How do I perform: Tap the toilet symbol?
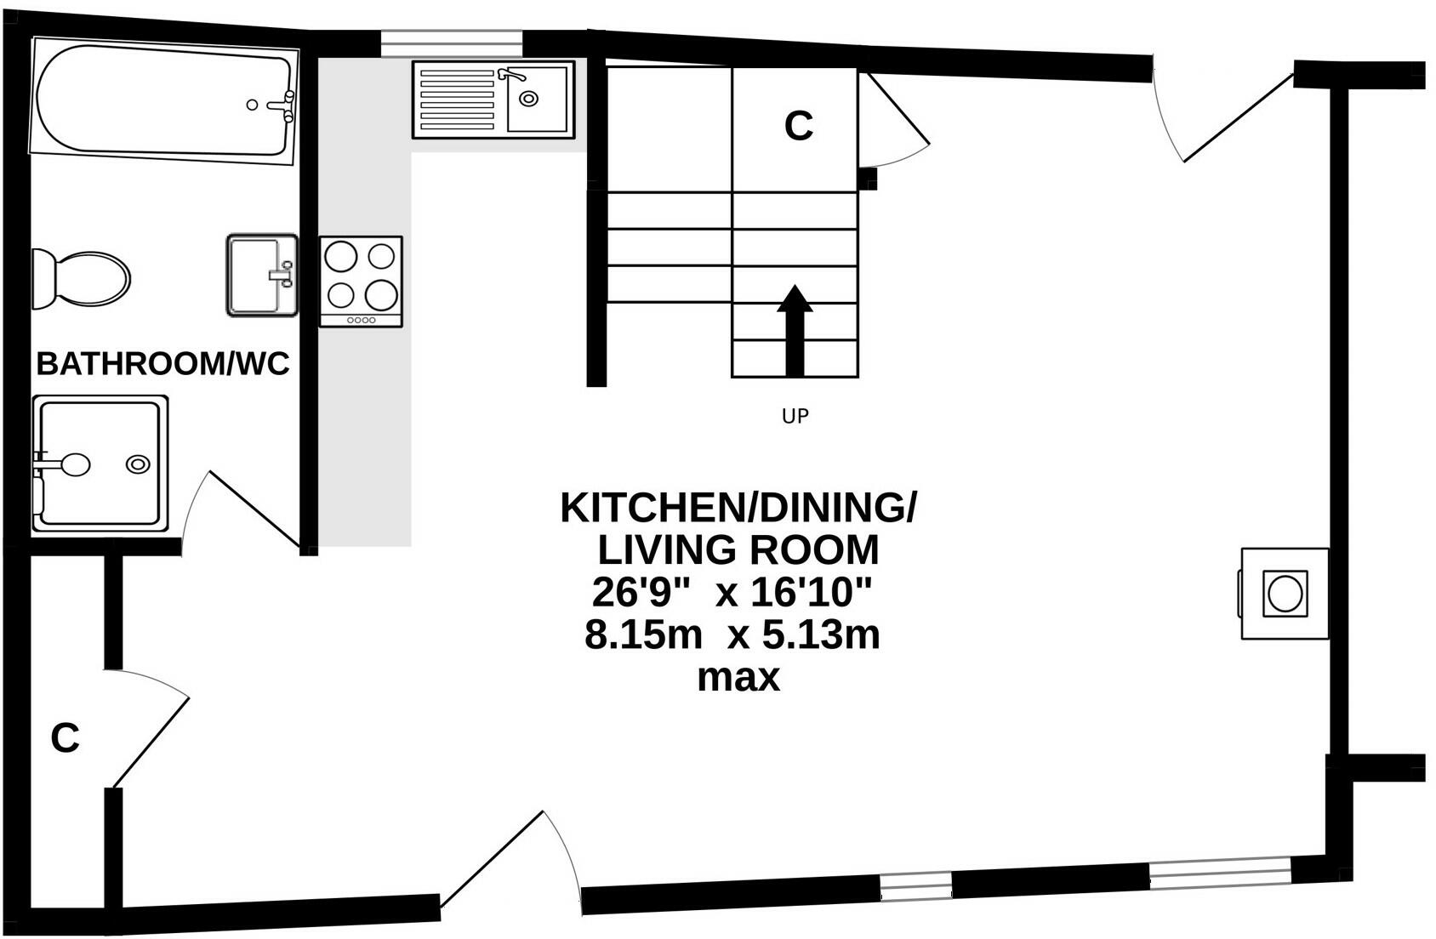pos(83,279)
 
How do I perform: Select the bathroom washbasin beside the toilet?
pos(261,276)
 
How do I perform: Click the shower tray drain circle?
pos(138,464)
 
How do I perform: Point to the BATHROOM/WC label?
pos(162,364)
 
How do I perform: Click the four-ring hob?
pos(361,281)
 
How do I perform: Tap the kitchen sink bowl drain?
pos(529,99)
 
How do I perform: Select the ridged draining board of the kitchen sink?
pos(457,100)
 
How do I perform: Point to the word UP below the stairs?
pos(795,417)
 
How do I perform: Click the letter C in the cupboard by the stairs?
pos(798,126)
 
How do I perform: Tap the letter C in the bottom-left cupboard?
pos(65,738)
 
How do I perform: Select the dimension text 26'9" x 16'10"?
pos(733,593)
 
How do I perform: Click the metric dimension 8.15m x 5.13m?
pos(732,635)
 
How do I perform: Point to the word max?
pos(738,678)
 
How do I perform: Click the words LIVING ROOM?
pos(738,549)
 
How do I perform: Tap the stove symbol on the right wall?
pos(1285,594)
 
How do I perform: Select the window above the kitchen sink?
pos(451,42)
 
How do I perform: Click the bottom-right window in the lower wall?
pos(1219,873)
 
